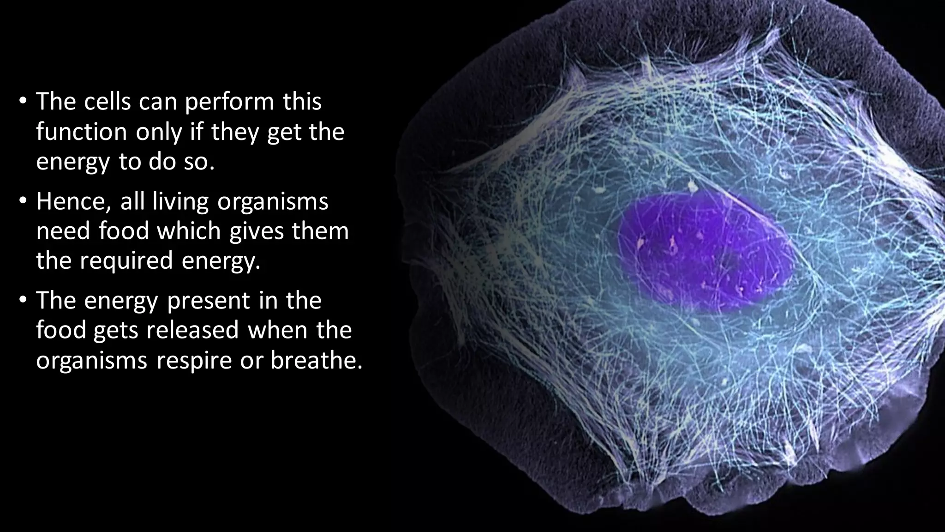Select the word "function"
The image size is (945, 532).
81,132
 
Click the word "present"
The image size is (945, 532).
213,301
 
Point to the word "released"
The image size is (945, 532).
193,331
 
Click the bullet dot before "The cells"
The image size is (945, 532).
23,102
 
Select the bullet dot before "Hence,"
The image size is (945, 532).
23,202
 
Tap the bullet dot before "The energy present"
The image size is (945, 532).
23,301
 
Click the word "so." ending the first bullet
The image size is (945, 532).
200,162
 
